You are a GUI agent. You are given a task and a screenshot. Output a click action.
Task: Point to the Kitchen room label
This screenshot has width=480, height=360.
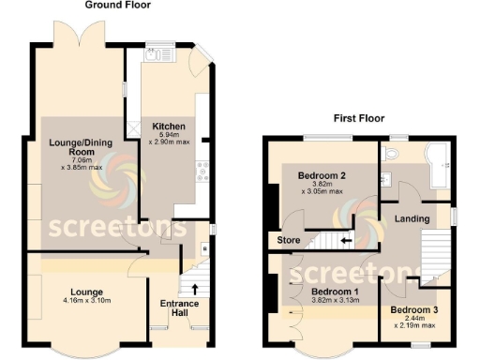168,127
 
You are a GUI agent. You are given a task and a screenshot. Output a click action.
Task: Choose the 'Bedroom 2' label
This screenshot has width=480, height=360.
322,175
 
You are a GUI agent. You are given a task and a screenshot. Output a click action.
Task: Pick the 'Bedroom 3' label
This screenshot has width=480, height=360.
413,310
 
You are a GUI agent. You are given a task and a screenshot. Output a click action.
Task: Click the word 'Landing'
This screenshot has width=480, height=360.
412,219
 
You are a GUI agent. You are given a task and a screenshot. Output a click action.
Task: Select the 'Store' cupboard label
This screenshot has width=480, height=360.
287,241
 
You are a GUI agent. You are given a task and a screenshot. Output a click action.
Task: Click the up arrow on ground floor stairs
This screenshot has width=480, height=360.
195,289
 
